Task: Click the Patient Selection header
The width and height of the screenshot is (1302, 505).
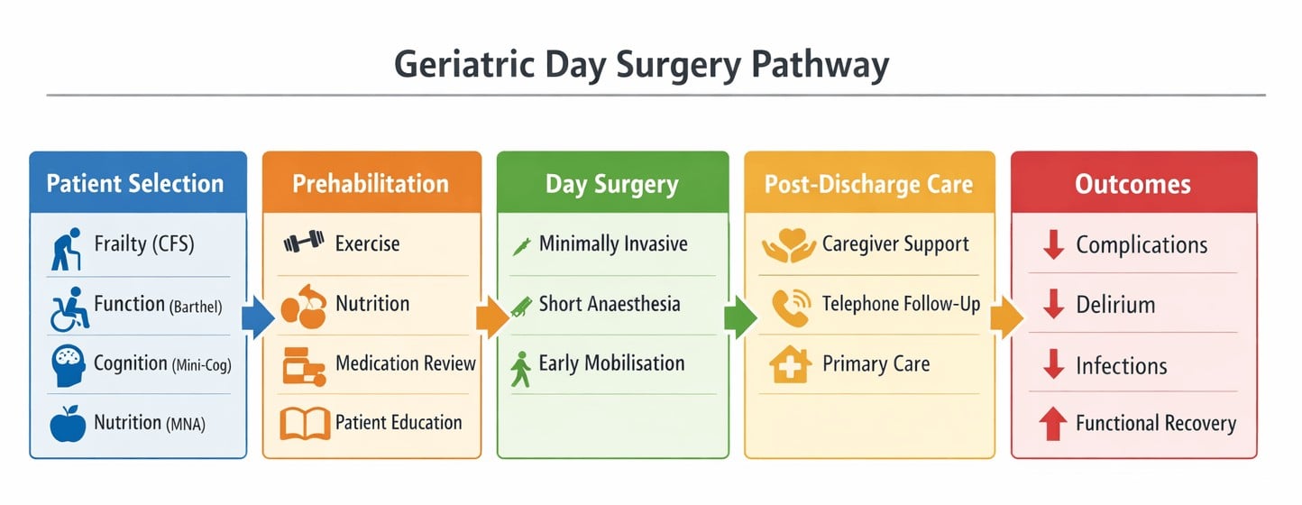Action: [x=135, y=184]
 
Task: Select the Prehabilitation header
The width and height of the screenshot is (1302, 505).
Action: [x=370, y=184]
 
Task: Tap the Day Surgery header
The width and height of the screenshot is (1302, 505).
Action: [x=612, y=185]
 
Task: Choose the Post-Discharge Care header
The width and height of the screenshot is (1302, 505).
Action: [x=868, y=185]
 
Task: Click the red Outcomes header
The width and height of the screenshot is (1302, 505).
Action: [x=1132, y=185]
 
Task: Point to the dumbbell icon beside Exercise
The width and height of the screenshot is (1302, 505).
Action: [x=303, y=243]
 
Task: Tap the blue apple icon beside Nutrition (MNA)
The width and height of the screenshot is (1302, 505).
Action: [x=67, y=424]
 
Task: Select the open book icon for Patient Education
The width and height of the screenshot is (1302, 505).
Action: [x=305, y=423]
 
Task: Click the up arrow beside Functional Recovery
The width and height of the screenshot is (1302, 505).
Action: [x=1051, y=424]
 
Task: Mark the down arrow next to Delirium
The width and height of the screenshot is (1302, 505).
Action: [x=1051, y=305]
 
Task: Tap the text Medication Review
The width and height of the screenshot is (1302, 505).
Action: [x=405, y=363]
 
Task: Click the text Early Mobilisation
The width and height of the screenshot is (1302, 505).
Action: [x=611, y=363]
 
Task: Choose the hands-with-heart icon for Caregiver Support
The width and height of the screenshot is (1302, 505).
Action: [x=787, y=245]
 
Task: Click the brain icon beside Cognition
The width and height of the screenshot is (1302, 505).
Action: [x=67, y=365]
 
